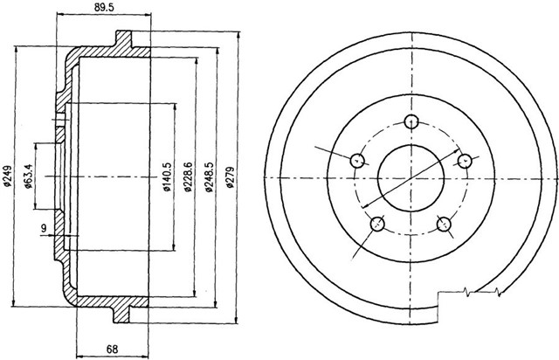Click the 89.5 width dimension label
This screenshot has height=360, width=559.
[104, 8]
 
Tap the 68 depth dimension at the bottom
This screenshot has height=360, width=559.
[112, 349]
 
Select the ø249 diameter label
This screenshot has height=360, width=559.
[7, 176]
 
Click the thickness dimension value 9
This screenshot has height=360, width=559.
[44, 228]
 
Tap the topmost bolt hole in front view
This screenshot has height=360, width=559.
[411, 121]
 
